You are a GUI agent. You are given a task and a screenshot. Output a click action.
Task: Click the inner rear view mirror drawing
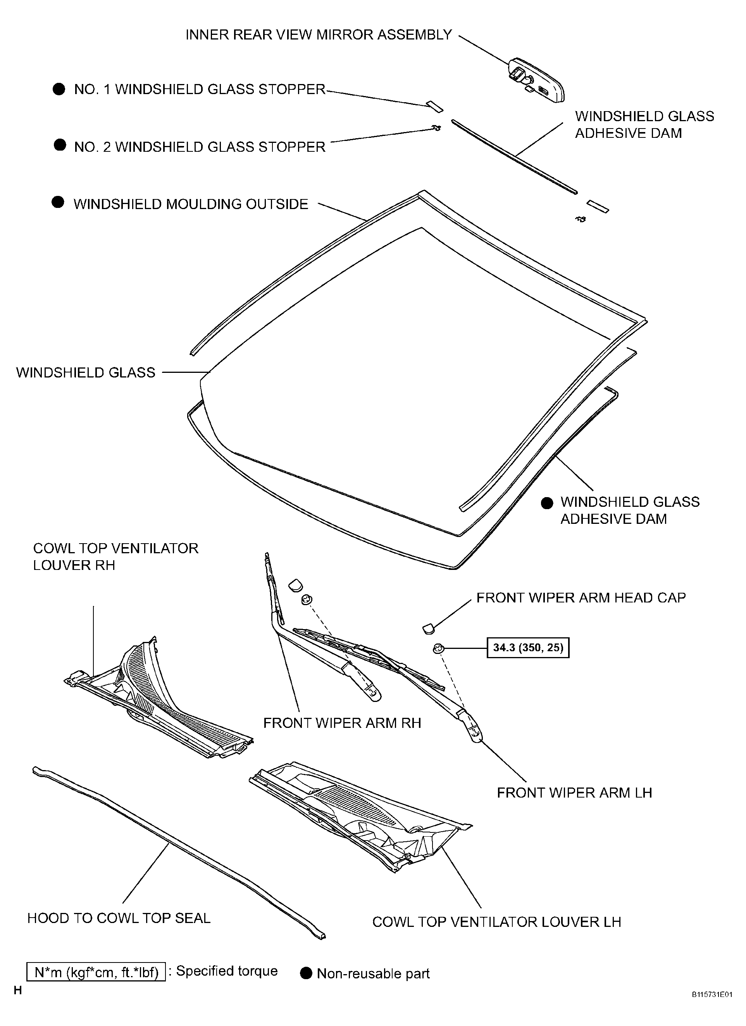[x=537, y=81]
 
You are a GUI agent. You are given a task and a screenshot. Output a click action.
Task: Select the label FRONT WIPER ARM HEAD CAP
[x=581, y=597]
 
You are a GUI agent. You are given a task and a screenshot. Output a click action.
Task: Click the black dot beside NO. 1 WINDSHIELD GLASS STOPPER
[x=59, y=89]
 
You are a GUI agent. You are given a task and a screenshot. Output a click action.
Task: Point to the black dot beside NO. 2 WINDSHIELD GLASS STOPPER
[x=60, y=145]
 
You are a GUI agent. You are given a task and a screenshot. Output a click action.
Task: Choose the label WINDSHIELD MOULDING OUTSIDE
[x=191, y=204]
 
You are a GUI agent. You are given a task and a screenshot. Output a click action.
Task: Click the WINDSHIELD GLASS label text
[x=86, y=372]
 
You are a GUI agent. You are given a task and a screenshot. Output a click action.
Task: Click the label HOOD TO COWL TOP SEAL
[x=119, y=918]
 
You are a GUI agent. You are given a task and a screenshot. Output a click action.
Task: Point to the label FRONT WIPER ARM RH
[x=342, y=723]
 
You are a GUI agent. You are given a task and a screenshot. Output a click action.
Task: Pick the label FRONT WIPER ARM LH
[x=574, y=793]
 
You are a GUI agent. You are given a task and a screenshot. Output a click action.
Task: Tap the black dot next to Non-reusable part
[x=307, y=973]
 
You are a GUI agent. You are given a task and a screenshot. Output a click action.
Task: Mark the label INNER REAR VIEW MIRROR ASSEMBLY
[x=319, y=35]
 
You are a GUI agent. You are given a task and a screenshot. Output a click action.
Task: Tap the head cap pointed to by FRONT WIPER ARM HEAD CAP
[x=428, y=628]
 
